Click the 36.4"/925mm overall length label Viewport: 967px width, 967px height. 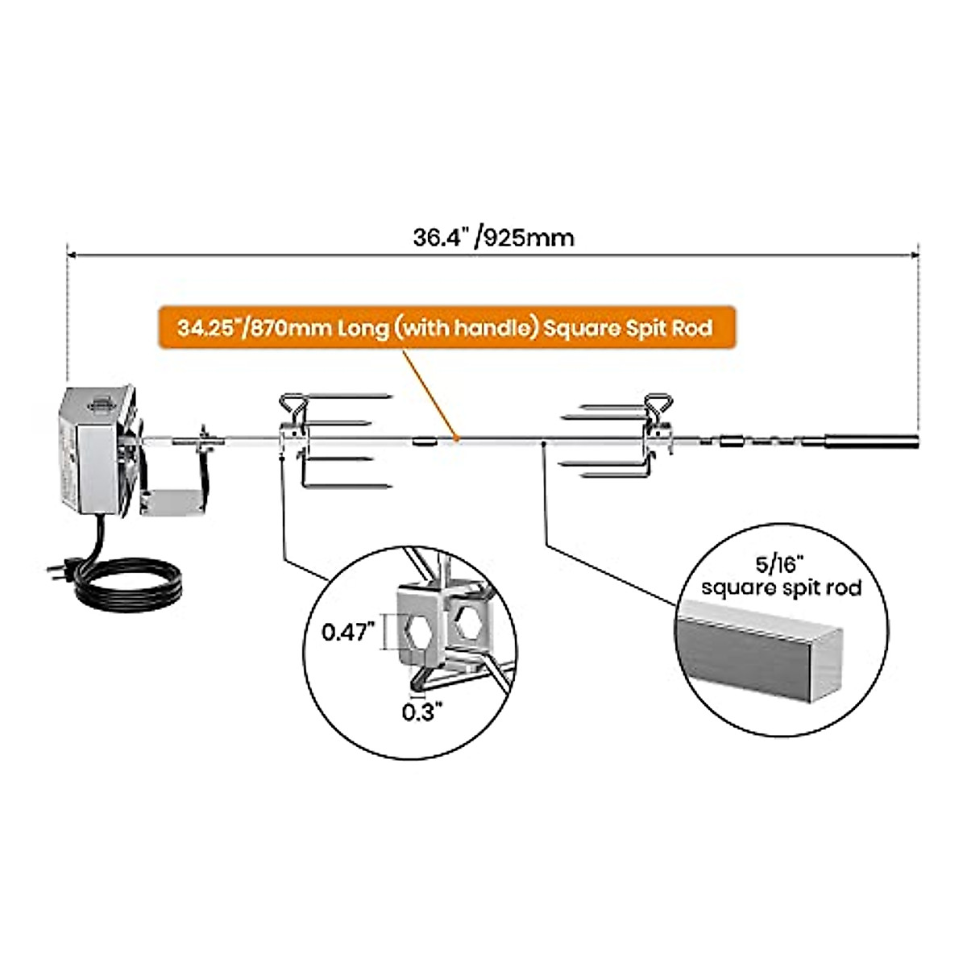[x=493, y=238]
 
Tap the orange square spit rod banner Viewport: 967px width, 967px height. [x=446, y=329]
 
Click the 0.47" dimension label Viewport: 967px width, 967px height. [x=349, y=633]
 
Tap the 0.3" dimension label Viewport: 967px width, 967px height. [x=422, y=712]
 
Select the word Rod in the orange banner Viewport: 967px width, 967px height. [x=694, y=329]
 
